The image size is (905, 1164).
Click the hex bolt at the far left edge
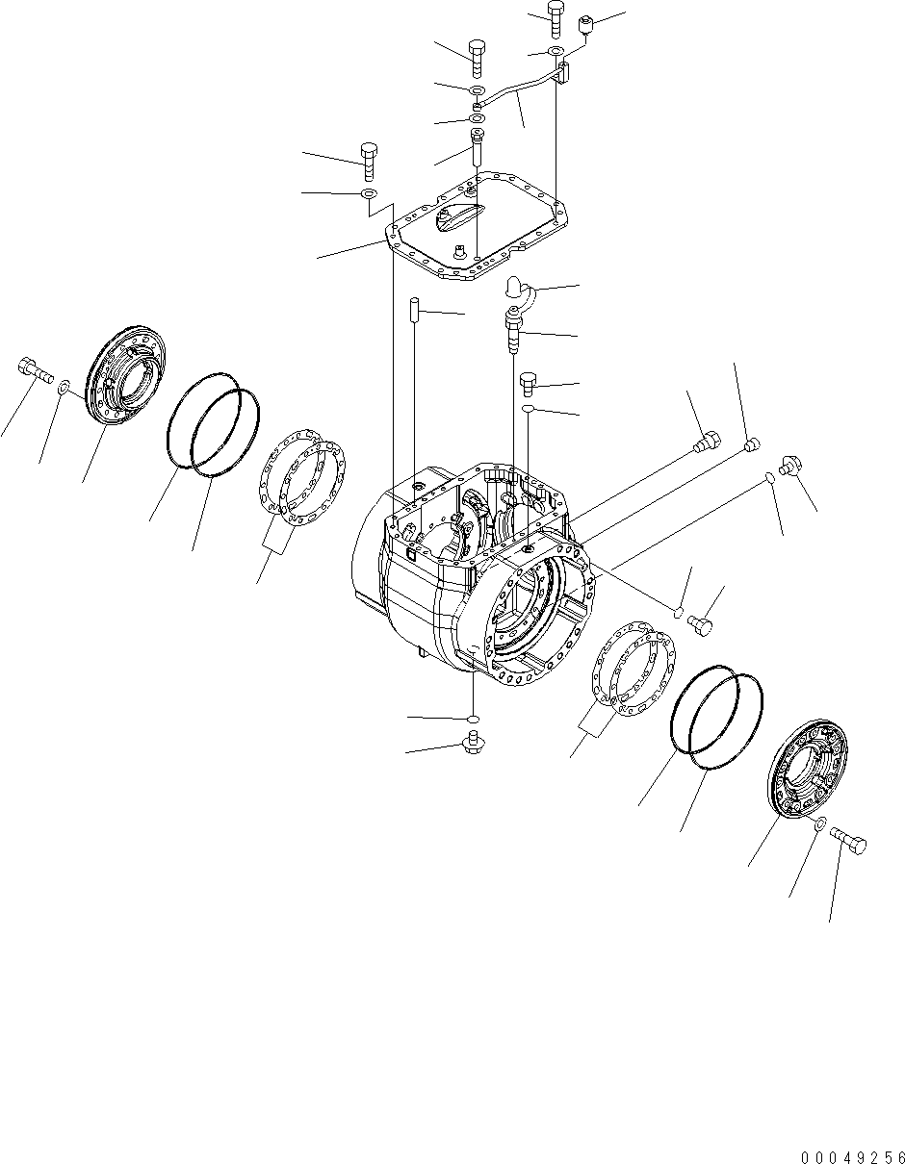coord(33,368)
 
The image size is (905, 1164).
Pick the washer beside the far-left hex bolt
coord(63,389)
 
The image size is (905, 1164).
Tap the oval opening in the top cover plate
coord(456,218)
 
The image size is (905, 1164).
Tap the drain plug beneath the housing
coord(473,742)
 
